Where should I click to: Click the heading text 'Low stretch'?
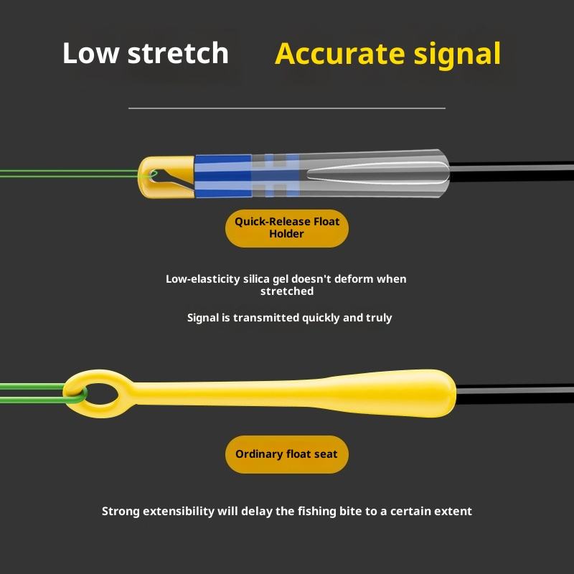coord(145,54)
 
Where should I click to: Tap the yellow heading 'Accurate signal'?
coord(387,54)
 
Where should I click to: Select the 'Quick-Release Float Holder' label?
coord(287,228)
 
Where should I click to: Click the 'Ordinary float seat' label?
coord(286,454)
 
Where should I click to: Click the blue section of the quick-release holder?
coord(222,177)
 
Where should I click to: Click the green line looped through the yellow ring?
coord(36,392)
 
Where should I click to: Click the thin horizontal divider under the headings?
coord(287,108)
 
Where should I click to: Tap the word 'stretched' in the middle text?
coord(287,291)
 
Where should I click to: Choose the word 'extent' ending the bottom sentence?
coord(453,512)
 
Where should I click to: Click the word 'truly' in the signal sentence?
coord(378,317)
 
